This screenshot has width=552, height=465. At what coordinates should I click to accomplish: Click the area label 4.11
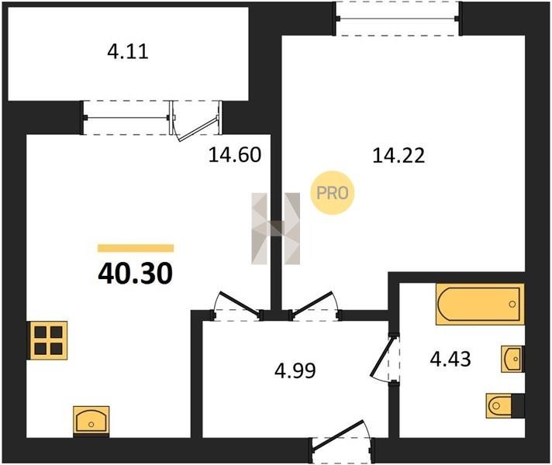(128, 52)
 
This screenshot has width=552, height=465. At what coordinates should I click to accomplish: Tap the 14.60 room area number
(235, 155)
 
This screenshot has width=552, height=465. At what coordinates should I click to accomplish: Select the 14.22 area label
(398, 156)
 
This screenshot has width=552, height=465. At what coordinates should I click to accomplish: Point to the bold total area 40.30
(136, 274)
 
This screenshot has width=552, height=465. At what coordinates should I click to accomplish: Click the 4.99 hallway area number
(295, 370)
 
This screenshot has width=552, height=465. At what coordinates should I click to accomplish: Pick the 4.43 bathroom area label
(450, 360)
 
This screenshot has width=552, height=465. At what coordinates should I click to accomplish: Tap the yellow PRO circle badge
(333, 192)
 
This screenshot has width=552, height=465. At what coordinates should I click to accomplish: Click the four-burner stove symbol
(49, 340)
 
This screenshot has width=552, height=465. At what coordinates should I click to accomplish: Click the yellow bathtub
(480, 304)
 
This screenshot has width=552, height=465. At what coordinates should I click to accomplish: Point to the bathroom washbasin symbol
(512, 359)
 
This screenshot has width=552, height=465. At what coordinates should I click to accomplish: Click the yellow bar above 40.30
(136, 248)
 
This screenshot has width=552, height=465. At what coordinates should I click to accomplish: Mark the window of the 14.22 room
(398, 19)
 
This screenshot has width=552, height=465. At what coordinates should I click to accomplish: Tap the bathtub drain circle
(512, 304)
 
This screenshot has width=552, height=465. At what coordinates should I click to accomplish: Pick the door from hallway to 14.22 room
(314, 303)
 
